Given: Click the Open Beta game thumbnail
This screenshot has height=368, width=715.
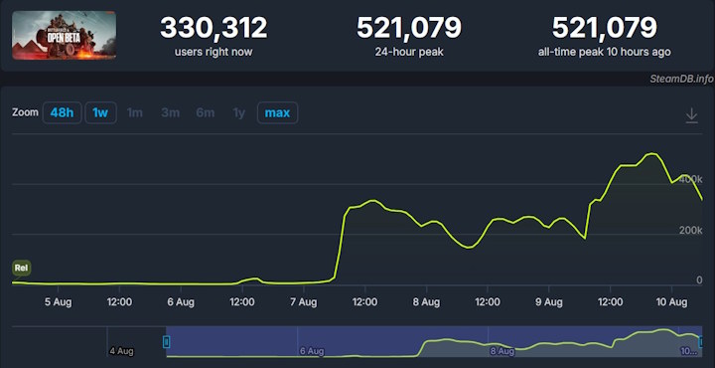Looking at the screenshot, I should pyautogui.click(x=64, y=35).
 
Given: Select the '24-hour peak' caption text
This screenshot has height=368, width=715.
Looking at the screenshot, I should pyautogui.click(x=408, y=51).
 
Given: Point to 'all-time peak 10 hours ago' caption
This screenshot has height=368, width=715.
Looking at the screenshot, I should pyautogui.click(x=604, y=51).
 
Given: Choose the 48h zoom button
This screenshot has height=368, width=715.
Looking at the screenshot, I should pyautogui.click(x=62, y=113).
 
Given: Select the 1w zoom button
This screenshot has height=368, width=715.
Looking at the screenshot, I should pyautogui.click(x=100, y=113).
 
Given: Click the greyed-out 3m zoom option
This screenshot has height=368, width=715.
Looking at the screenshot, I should pyautogui.click(x=171, y=113).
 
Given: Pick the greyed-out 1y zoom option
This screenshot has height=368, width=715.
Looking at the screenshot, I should pyautogui.click(x=238, y=113).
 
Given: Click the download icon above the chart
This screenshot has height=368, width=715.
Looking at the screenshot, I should pyautogui.click(x=692, y=116).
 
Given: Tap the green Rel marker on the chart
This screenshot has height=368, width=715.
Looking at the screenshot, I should pyautogui.click(x=21, y=268).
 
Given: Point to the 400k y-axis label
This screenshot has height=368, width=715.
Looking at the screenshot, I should pyautogui.click(x=690, y=178).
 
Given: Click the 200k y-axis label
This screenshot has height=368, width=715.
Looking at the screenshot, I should pyautogui.click(x=690, y=230).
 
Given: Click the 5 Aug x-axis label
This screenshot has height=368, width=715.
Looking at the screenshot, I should pyautogui.click(x=57, y=301).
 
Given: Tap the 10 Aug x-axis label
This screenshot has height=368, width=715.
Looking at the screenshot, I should pyautogui.click(x=672, y=301).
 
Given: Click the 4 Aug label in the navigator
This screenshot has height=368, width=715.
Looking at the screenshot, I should pyautogui.click(x=121, y=350).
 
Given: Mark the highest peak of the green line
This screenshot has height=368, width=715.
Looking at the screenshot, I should pyautogui.click(x=651, y=154).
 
